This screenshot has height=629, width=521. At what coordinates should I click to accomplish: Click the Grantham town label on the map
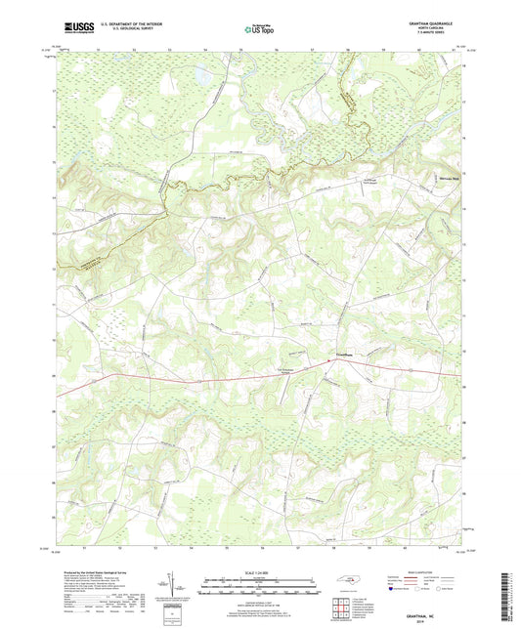(x=335, y=353)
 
